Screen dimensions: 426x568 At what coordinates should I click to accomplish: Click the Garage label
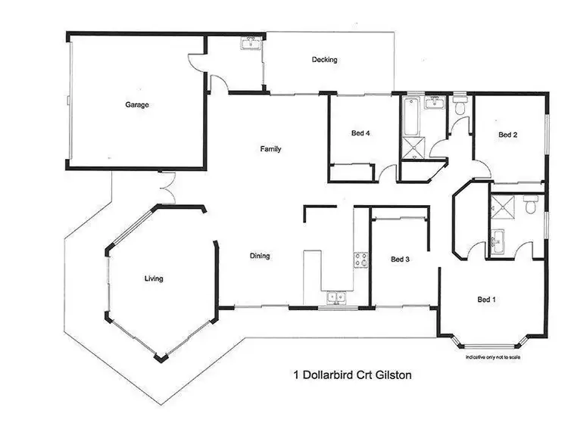point(137,105)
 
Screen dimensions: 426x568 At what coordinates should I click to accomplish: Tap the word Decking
point(324,60)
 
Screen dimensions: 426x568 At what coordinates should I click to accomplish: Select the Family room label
point(270,149)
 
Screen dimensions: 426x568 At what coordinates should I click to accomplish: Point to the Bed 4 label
point(360,134)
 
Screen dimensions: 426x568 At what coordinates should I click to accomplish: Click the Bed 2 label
point(507,135)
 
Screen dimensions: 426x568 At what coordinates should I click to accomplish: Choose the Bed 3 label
point(400,260)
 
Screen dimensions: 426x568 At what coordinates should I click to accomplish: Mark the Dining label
point(260,256)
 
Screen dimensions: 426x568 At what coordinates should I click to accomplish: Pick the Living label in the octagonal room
point(154,278)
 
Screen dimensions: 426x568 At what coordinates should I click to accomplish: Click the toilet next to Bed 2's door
point(460,105)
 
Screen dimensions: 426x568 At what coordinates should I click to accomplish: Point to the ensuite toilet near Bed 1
point(531,204)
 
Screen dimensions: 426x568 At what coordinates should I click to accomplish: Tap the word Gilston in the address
point(390,374)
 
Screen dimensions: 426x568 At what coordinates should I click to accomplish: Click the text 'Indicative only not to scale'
point(493,356)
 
